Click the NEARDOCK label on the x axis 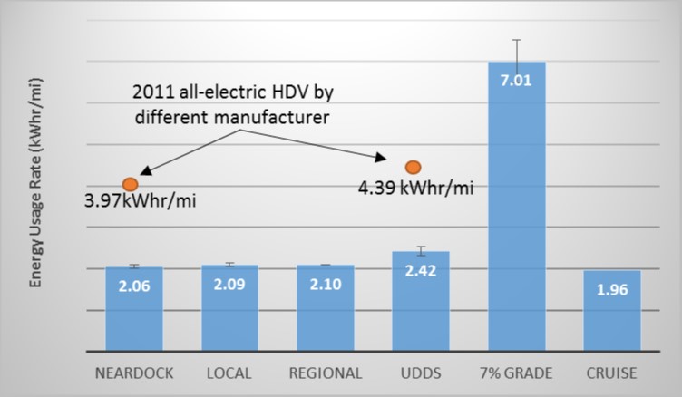click(x=134, y=373)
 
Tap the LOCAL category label click(x=229, y=373)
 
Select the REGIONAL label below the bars click(x=325, y=373)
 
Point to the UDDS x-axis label click(x=420, y=373)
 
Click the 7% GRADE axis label click(x=516, y=373)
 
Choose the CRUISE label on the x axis click(x=612, y=373)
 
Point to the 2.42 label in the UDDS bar click(x=420, y=269)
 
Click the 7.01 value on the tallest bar click(x=516, y=79)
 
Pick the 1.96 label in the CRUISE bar click(x=612, y=291)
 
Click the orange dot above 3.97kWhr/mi click(x=130, y=184)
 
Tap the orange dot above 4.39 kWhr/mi click(x=413, y=167)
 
